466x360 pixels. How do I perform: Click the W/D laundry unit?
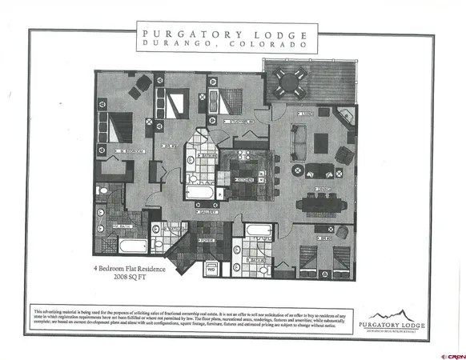click(211, 269)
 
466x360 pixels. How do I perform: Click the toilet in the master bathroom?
click(102, 190)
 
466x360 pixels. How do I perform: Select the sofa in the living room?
click(299, 142)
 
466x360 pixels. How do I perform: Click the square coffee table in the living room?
click(321, 142)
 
